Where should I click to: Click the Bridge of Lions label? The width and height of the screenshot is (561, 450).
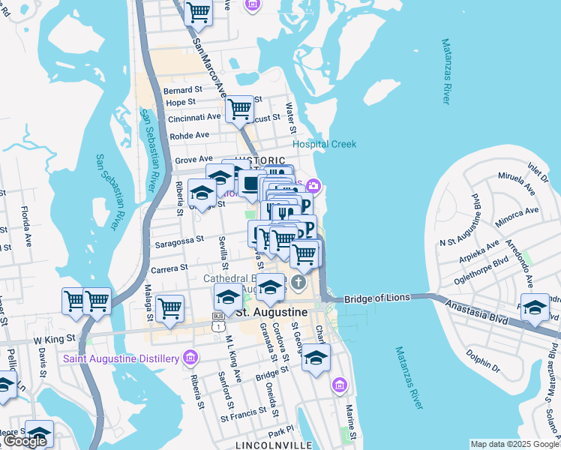click(x=377, y=298)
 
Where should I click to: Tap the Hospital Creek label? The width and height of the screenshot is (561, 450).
click(x=324, y=144)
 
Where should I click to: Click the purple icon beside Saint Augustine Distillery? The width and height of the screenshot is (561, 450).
click(x=191, y=355)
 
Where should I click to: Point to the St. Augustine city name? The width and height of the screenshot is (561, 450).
click(x=272, y=311)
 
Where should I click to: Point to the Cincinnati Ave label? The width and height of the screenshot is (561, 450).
click(x=194, y=117)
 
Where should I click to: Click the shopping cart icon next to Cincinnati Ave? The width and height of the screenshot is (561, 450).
click(x=239, y=109)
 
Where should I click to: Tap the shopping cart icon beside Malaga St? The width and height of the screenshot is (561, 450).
click(x=170, y=307)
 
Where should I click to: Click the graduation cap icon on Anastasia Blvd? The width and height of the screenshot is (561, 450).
click(x=535, y=307)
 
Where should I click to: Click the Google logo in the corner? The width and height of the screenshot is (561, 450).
click(x=25, y=440)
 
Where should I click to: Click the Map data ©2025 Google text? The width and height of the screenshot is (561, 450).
click(x=514, y=444)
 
